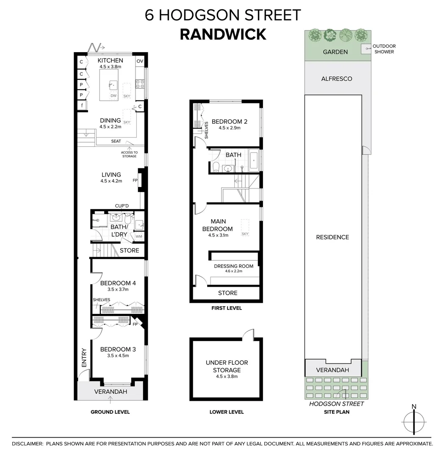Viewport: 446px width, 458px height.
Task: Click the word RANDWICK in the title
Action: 223,34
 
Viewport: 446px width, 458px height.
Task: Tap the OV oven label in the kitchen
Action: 140,61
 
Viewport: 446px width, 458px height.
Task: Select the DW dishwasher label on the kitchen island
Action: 113,96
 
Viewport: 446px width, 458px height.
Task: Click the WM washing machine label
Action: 139,236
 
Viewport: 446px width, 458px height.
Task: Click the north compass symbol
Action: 413,422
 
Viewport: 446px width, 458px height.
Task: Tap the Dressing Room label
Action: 233,266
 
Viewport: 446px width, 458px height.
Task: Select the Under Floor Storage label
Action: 227,366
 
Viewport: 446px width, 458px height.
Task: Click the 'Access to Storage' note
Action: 129,154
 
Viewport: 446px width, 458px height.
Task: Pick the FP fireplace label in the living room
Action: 136,180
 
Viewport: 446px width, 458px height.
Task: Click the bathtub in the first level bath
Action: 254,160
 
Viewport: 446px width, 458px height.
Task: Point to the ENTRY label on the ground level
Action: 83,358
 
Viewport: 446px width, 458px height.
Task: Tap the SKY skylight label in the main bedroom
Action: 245,234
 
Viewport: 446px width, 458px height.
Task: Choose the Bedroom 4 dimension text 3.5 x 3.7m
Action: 114,289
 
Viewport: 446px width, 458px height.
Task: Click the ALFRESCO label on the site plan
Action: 336,79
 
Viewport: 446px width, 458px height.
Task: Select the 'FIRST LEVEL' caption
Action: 227,308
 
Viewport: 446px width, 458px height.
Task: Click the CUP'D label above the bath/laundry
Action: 122,206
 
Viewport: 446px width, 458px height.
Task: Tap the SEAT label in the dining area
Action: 116,141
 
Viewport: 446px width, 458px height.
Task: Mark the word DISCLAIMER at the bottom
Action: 28,444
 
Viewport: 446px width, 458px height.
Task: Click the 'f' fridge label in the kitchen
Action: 81,106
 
